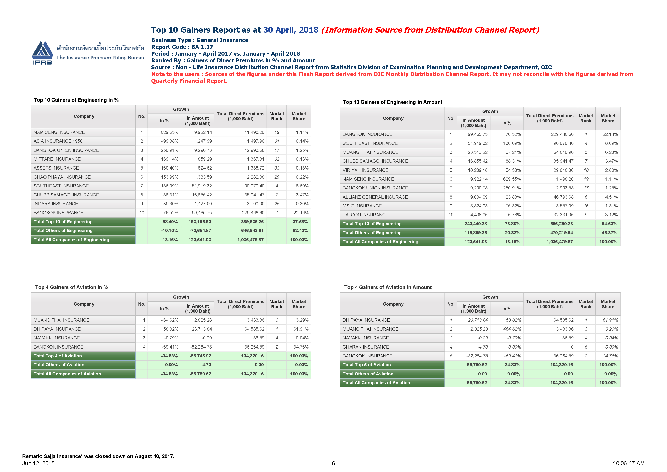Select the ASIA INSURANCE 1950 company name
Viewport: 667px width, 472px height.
pyautogui.click(x=58, y=141)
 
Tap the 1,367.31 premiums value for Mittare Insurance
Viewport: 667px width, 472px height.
pyautogui.click(x=255, y=159)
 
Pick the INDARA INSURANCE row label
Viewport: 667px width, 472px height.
pyautogui.click(x=56, y=204)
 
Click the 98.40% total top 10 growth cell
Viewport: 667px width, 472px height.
pyautogui.click(x=170, y=222)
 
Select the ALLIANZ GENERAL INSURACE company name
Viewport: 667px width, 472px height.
pyautogui.click(x=375, y=197)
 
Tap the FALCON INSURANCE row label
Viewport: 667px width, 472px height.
pyautogui.click(x=365, y=215)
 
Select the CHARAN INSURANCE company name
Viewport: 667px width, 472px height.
pyautogui.click(x=366, y=347)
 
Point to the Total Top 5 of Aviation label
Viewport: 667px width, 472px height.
pyautogui.click(x=367, y=365)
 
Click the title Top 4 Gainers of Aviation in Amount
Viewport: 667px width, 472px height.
pyautogui.click(x=388, y=287)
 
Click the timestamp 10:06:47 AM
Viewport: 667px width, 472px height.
pyautogui.click(x=628, y=463)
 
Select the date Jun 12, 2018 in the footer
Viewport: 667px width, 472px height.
pyautogui.click(x=38, y=463)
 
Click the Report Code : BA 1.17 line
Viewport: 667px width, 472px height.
pyautogui.click(x=182, y=47)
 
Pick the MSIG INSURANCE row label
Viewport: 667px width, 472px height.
pyautogui.click(x=362, y=206)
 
